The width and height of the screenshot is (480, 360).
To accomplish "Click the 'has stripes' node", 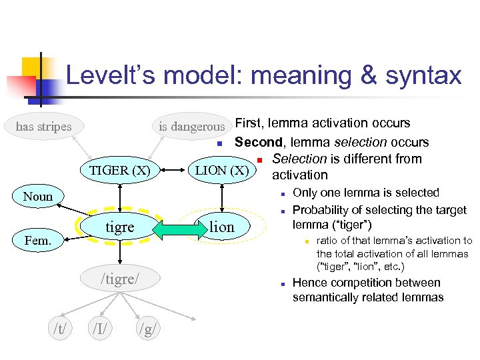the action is pos(44,125).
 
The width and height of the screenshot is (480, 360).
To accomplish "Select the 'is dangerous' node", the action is pos(192,126).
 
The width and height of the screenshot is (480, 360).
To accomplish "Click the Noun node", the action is pos(37,196).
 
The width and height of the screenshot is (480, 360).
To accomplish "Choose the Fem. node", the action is pos(37,239).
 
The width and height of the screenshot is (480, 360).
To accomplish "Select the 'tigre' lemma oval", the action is pos(120,227).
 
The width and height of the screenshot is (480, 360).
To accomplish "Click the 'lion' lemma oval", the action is pos(221,227).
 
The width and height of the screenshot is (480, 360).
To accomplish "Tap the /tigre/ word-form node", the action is pos(120,279).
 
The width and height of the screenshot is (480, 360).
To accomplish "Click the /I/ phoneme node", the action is pos(101,327).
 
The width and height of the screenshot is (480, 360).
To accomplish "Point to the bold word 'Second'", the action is pos(257,141).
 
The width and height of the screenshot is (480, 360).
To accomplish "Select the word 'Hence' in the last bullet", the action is pos(310,283).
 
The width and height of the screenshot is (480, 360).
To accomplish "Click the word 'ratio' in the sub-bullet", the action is pos(328,241).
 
